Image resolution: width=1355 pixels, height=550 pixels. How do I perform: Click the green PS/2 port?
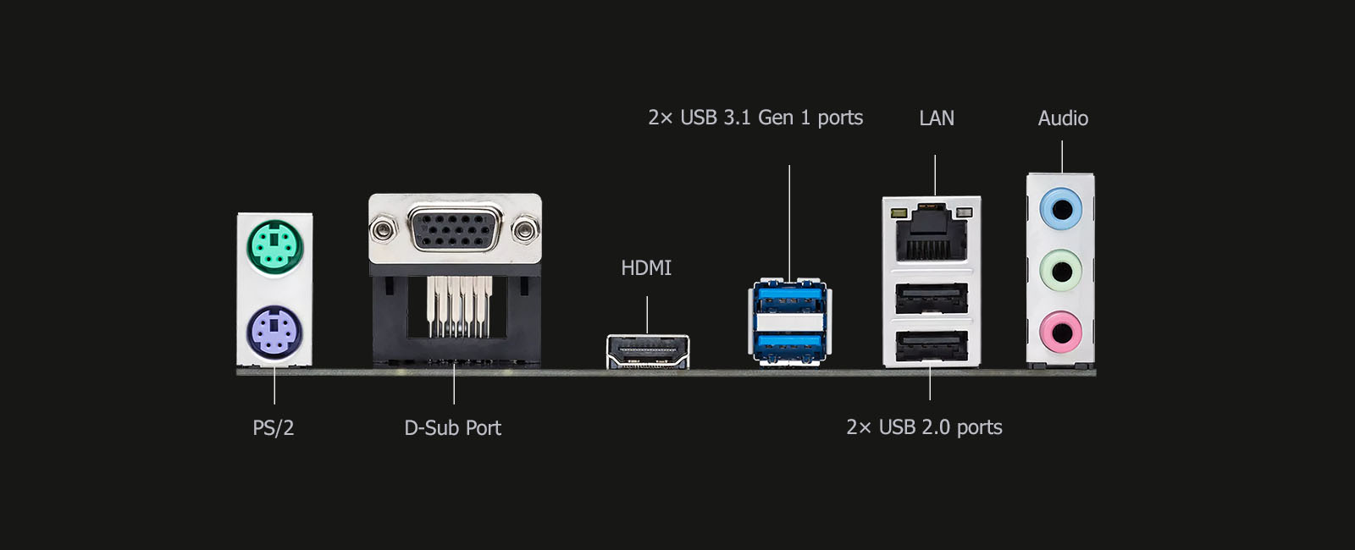pos(274,247)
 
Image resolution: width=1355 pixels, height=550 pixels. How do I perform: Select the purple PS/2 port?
pos(274,332)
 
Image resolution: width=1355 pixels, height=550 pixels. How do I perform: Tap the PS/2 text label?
pos(273,428)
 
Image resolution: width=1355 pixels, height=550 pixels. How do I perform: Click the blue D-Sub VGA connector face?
pos(455,228)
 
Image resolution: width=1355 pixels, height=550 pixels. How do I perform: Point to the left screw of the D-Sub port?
pos(383,228)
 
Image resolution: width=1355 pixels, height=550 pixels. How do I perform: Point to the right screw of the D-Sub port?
pos(526,228)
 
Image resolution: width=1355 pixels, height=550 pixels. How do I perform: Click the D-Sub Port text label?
pos(452,428)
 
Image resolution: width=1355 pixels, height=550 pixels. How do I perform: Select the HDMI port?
pos(648,351)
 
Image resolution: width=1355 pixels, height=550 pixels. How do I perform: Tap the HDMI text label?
pos(646,268)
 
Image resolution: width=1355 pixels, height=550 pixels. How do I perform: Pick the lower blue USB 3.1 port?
pos(789,344)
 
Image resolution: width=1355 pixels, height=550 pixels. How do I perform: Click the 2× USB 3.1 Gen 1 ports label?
pos(755,118)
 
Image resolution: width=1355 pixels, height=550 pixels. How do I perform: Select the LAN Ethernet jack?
pos(932,234)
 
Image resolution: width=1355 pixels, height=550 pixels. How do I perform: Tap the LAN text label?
pos(937,118)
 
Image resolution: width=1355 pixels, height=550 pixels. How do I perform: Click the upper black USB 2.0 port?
pos(932,297)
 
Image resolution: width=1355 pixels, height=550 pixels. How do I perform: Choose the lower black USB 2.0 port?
pos(932,345)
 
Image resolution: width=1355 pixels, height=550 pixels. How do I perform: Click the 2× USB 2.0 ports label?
pos(924,427)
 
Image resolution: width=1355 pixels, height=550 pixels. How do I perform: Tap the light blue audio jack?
pos(1060,208)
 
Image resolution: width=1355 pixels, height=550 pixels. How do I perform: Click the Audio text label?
pos(1063,118)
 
